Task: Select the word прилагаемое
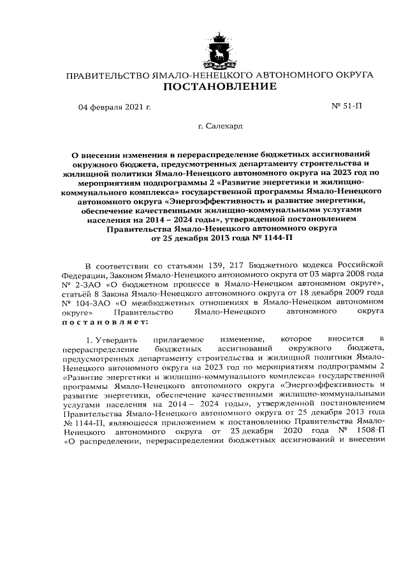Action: tap(180, 339)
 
